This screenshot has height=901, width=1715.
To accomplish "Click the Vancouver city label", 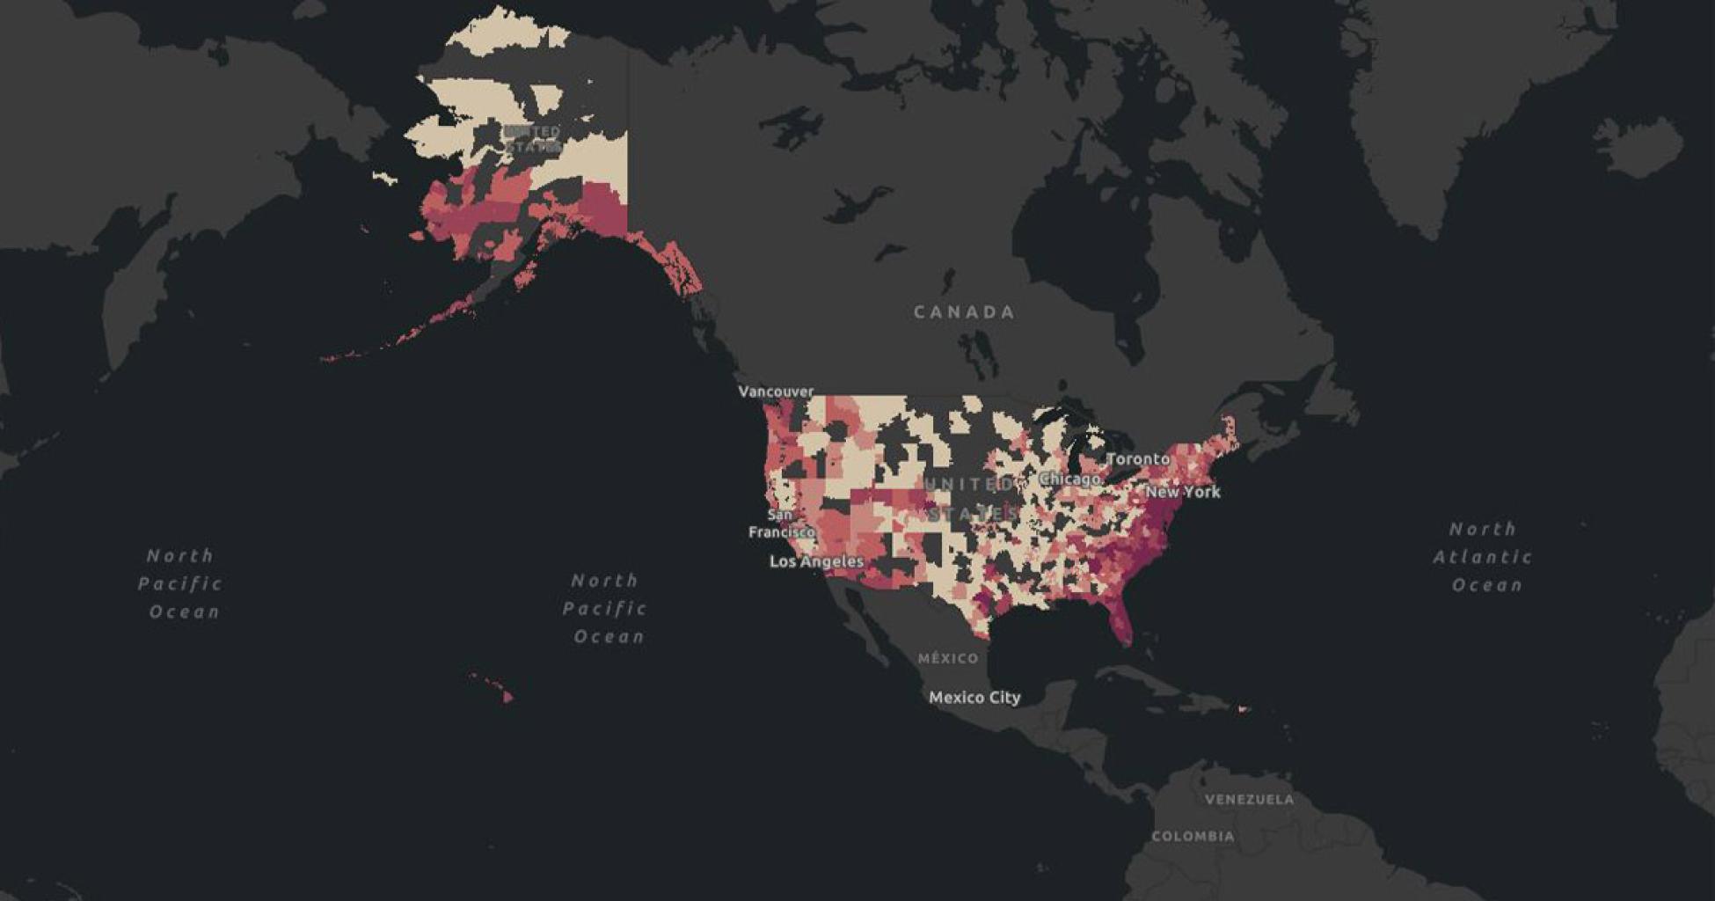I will coord(776,391).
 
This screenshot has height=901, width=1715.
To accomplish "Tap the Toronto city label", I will coord(1138,458).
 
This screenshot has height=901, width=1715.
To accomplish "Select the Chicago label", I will coord(1069,479).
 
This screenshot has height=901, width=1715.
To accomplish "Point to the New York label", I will coord(1182,491).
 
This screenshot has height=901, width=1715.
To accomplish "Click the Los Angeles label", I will coord(816,560).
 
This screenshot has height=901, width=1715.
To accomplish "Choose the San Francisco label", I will coord(779,524).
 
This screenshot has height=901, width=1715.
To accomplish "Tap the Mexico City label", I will coord(974,697).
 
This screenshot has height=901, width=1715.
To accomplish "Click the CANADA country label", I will coord(964,311).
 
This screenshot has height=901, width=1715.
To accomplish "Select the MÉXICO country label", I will coord(947,658).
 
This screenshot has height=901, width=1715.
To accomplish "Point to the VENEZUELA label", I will coord(1249,799).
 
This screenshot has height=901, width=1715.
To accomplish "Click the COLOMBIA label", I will coord(1193,836).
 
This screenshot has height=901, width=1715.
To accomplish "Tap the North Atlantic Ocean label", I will coord(1485,556).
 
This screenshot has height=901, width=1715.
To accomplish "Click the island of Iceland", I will coord(1638,145).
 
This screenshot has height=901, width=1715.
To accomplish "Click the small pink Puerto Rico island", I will coord(1243,708).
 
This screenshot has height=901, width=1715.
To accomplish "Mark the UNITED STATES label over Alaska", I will coord(532,139).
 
